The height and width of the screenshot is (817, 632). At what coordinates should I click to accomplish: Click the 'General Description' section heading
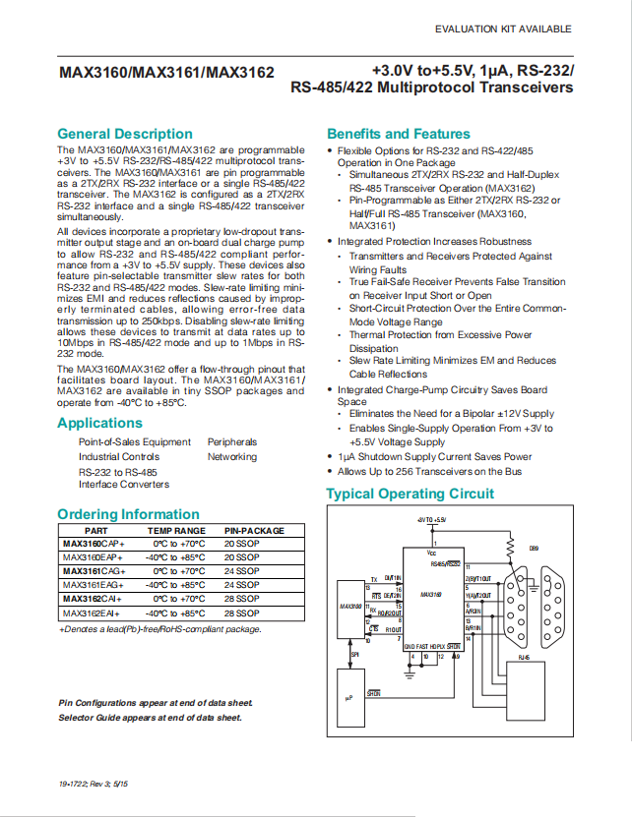[125, 134]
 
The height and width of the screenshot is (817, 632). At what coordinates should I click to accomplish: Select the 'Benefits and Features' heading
[399, 134]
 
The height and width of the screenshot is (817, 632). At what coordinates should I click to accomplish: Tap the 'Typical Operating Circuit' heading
[410, 494]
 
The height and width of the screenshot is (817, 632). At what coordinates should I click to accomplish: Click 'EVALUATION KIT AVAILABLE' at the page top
[502, 29]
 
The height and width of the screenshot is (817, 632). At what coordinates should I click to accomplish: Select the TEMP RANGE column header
[176, 529]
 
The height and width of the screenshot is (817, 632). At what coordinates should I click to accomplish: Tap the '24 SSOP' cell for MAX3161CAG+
[241, 570]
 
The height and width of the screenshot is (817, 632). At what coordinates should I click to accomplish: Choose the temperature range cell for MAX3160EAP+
[176, 556]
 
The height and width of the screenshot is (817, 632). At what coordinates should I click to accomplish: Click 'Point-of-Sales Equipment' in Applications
[135, 442]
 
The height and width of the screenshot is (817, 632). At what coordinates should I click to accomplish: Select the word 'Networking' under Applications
[232, 456]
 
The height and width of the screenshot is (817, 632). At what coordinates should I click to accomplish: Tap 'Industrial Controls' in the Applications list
[119, 456]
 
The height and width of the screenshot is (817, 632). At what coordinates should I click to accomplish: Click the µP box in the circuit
[348, 697]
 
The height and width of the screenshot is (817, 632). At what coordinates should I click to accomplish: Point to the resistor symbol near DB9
[509, 547]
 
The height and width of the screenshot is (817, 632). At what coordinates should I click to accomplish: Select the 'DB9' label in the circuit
[535, 549]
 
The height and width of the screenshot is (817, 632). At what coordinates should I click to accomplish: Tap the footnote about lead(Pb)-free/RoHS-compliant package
[160, 628]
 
